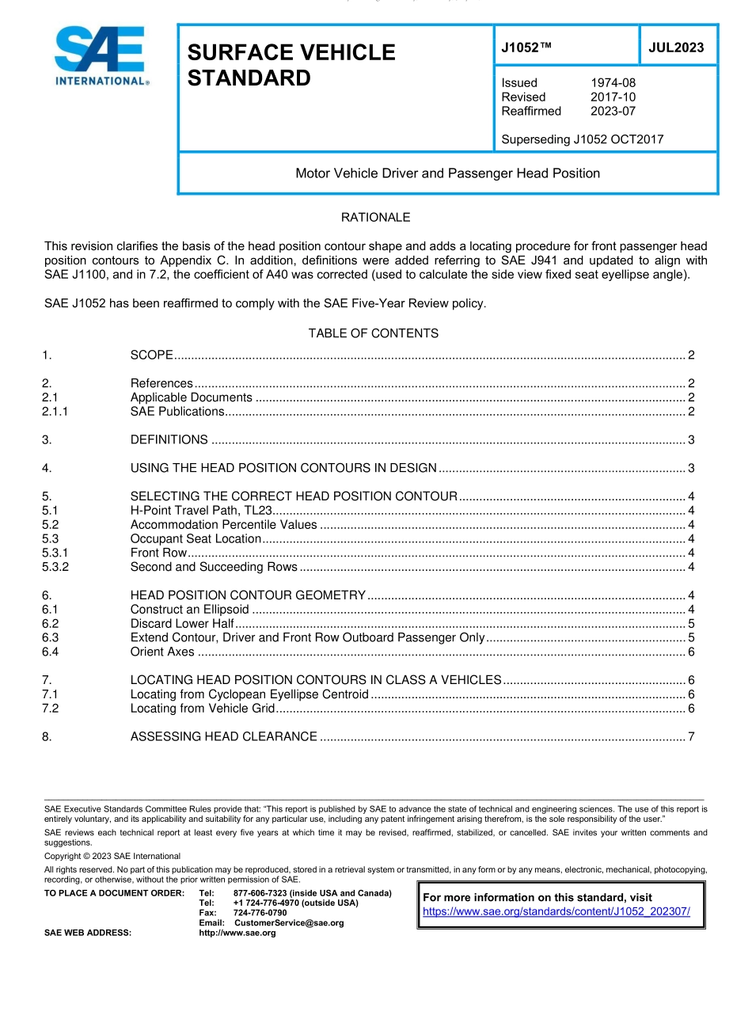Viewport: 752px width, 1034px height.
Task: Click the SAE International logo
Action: (101, 55)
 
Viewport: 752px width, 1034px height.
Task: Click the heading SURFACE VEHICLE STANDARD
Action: (291, 65)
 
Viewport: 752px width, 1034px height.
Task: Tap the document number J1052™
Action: (526, 48)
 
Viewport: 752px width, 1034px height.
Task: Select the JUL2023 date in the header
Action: (676, 48)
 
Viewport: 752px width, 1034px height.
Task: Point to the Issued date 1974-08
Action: (613, 83)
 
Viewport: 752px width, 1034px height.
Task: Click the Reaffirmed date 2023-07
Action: (613, 112)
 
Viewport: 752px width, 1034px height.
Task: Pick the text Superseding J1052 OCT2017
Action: (582, 139)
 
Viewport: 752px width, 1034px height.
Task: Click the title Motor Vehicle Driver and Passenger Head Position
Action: (447, 173)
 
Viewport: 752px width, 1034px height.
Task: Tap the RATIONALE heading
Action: (375, 217)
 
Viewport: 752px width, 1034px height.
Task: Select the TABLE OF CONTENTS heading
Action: (374, 333)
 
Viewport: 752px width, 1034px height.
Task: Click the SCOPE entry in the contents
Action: (152, 355)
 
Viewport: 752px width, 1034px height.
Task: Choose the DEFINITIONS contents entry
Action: (169, 440)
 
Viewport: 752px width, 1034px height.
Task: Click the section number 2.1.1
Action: (55, 412)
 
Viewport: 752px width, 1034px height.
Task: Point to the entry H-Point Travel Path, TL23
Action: (201, 511)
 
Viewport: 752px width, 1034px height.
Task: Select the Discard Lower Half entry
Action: (182, 624)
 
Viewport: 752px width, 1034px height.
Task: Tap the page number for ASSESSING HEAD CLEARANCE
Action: (691, 737)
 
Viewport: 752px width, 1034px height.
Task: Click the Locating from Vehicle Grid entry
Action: (203, 709)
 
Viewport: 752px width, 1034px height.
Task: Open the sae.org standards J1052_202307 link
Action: (556, 911)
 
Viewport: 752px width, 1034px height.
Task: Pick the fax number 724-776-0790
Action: (260, 913)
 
